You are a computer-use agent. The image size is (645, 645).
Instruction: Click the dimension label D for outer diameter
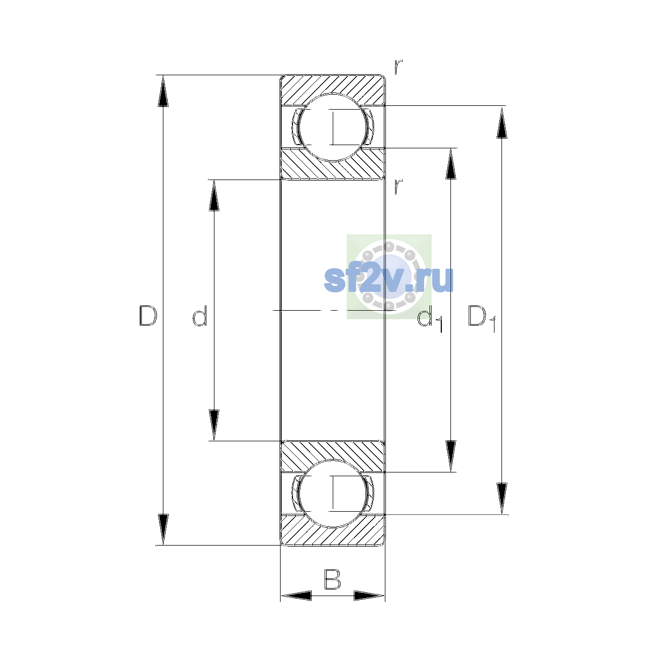pyautogui.click(x=148, y=316)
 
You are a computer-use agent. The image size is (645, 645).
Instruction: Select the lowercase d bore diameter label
pyautogui.click(x=200, y=316)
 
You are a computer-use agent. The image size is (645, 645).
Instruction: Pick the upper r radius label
pyautogui.click(x=398, y=67)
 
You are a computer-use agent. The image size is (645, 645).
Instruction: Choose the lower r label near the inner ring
pyautogui.click(x=398, y=187)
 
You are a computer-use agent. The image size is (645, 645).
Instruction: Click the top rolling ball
pyautogui.click(x=333, y=127)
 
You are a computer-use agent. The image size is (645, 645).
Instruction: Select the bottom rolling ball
pyautogui.click(x=333, y=493)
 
